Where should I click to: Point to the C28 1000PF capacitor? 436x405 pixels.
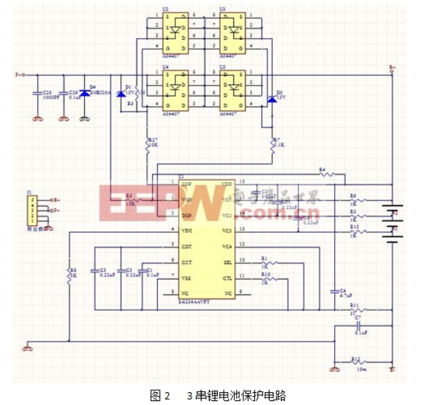[x=39, y=94]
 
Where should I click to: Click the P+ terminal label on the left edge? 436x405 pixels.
[x=18, y=74]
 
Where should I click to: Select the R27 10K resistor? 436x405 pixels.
[x=148, y=143]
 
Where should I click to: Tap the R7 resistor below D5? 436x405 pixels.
[x=271, y=144]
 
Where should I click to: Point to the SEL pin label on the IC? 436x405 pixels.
[x=227, y=261]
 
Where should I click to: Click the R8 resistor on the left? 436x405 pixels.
[x=69, y=273]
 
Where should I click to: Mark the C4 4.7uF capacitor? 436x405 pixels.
[x=334, y=292]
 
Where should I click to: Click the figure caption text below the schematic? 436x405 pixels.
[x=218, y=394]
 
